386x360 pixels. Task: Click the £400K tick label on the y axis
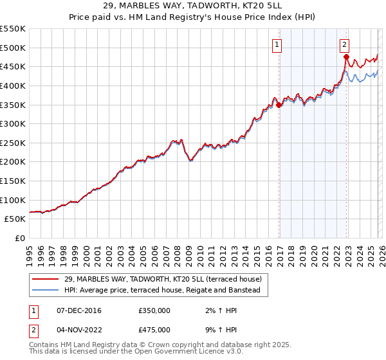point(13,85)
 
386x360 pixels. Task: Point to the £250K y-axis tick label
point(13,143)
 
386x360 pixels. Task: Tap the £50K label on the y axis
point(15,219)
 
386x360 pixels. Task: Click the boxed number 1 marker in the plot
point(277,44)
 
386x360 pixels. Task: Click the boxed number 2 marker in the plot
point(345,44)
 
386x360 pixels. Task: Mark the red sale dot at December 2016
point(279,105)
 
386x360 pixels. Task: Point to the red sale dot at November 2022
point(346,57)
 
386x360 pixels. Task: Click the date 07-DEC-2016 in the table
point(75,310)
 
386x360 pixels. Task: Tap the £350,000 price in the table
point(154,310)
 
